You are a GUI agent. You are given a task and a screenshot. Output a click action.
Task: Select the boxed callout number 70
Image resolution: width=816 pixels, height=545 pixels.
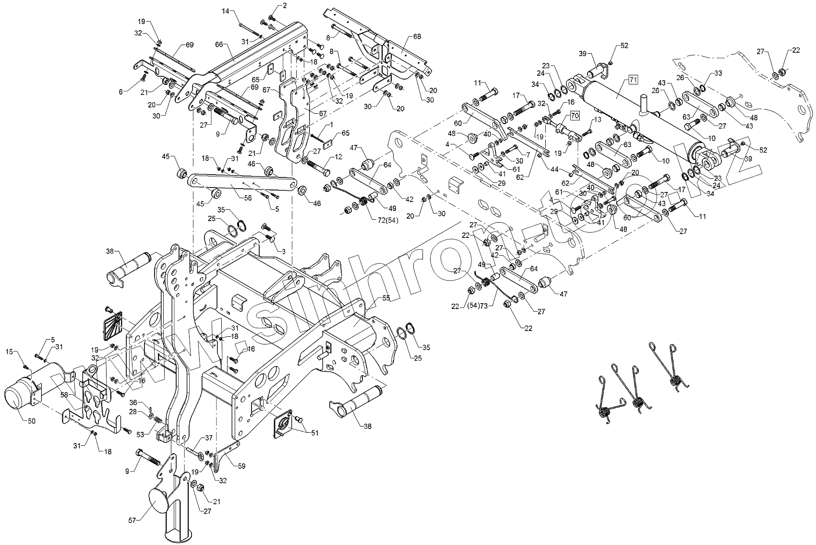tap(575, 116)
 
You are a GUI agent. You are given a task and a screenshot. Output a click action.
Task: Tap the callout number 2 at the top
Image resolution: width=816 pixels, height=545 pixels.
tap(285, 5)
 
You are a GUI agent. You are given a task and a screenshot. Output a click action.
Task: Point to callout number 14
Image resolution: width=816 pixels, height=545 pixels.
tap(226, 12)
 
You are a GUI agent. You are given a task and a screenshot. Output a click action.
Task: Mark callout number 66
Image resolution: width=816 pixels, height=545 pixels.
tap(219, 45)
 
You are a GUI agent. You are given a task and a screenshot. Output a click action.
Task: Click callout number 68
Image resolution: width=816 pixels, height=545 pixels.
tap(417, 37)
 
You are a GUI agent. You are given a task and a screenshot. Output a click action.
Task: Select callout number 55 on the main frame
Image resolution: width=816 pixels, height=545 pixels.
tap(386, 297)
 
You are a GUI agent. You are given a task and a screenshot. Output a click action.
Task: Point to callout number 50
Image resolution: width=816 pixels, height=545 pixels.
tap(32, 421)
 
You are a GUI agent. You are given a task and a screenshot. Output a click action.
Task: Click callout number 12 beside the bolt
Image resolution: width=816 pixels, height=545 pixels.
tap(339, 157)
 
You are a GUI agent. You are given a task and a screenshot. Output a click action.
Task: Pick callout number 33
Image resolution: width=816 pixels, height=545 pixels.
tap(718, 73)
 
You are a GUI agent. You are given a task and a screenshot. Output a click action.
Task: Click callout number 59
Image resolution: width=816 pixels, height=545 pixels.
tap(241, 466)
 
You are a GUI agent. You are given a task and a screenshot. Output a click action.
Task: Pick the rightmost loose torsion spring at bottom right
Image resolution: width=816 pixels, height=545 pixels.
tap(667, 367)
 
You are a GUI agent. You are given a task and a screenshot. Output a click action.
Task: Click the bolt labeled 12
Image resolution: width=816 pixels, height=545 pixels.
tap(318, 167)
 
